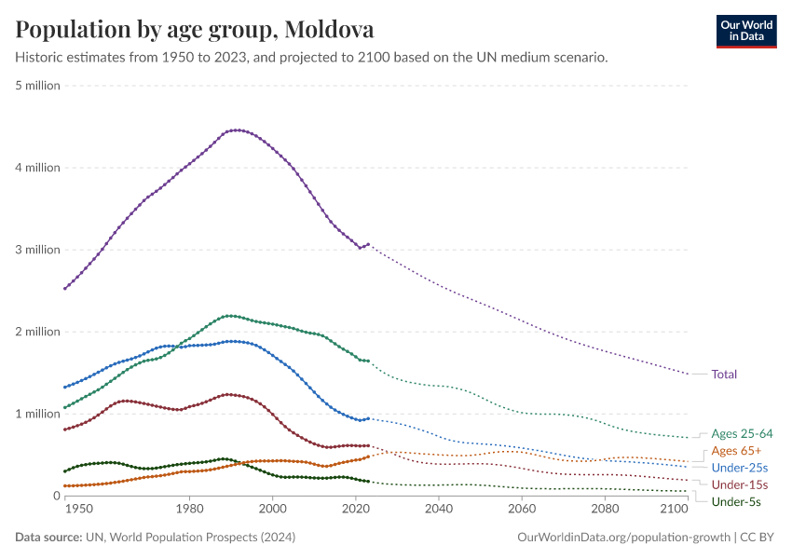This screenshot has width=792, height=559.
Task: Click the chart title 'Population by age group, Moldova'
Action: pos(195,29)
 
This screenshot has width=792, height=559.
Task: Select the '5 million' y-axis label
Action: pos(38,86)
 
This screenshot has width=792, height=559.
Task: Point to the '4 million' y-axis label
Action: pos(38,168)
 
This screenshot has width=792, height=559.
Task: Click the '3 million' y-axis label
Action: pos(38,250)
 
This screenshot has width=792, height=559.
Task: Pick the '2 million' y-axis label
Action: pos(38,332)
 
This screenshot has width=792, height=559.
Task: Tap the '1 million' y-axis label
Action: pos(38,414)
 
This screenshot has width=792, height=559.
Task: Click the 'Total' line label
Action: pos(724,375)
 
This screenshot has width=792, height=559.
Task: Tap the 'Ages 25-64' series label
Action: pos(742,433)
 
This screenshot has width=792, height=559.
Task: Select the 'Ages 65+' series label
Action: pos(735,451)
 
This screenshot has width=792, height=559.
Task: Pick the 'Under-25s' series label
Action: pos(739,468)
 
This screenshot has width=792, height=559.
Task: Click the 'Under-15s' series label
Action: pos(739,485)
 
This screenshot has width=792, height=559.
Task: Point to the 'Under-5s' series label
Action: pos(736,502)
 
